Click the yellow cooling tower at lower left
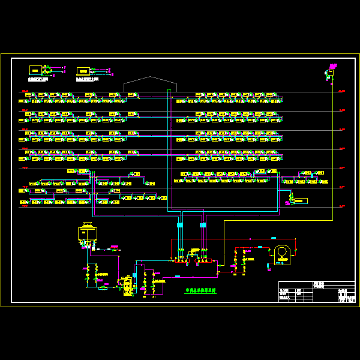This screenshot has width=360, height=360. click(88, 233)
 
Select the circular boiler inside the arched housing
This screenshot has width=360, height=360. click(281, 254)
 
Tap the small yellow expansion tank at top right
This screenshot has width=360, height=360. click(330, 73)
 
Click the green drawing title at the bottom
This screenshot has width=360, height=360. click(200, 290)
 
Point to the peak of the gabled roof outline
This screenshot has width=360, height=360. click(150, 77)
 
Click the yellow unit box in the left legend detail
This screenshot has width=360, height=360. click(35, 70)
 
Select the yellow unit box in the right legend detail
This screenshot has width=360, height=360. click(83, 71)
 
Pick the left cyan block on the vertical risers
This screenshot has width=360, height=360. click(179, 225)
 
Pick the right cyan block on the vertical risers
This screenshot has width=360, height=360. click(203, 225)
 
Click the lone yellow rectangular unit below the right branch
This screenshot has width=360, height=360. click(301, 200)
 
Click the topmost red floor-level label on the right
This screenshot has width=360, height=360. click(342, 91)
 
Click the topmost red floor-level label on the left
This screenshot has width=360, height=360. click(25, 91)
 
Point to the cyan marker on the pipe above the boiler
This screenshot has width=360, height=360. click(260, 247)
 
